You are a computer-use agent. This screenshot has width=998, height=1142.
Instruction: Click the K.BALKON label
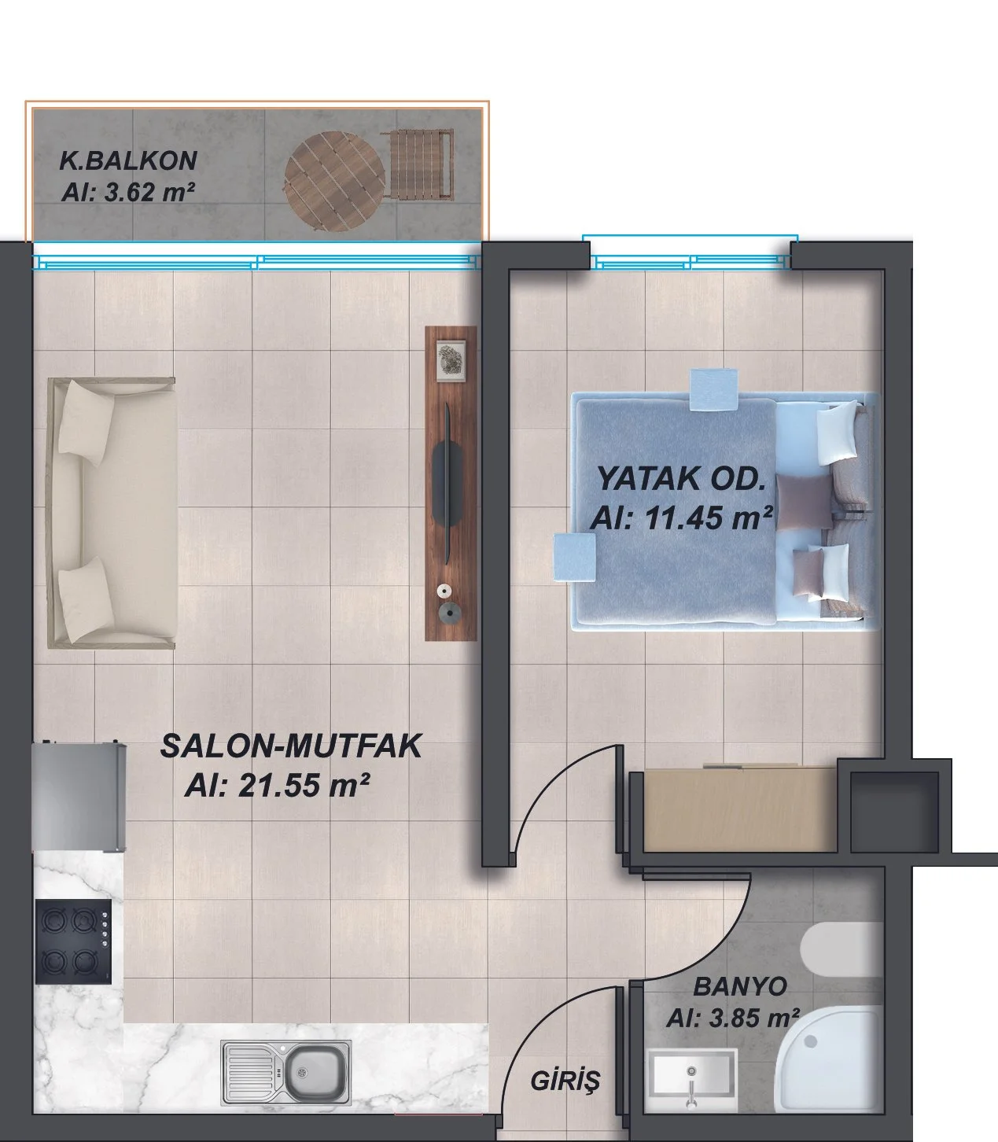(x=128, y=160)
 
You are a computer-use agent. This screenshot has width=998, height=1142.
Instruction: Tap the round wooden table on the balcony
(x=334, y=182)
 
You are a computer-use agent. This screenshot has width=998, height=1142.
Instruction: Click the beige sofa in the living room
(x=111, y=513)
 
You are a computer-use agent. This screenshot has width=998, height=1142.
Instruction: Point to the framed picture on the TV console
(x=451, y=360)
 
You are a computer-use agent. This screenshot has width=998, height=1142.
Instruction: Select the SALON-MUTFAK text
(x=291, y=746)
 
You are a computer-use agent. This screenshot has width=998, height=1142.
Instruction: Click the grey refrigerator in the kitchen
(x=79, y=797)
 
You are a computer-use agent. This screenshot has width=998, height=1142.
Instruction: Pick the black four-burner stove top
(x=73, y=941)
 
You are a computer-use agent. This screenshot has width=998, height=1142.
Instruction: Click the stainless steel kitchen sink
(x=286, y=1071)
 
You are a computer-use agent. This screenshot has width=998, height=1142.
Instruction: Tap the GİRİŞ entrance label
(x=565, y=1081)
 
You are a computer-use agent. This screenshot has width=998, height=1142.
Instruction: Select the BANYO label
(x=739, y=986)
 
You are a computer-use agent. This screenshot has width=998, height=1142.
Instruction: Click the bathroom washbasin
(x=691, y=1081)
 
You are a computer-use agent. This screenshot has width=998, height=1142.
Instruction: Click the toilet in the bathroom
(x=841, y=950)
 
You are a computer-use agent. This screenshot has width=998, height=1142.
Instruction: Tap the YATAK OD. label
(x=681, y=479)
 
